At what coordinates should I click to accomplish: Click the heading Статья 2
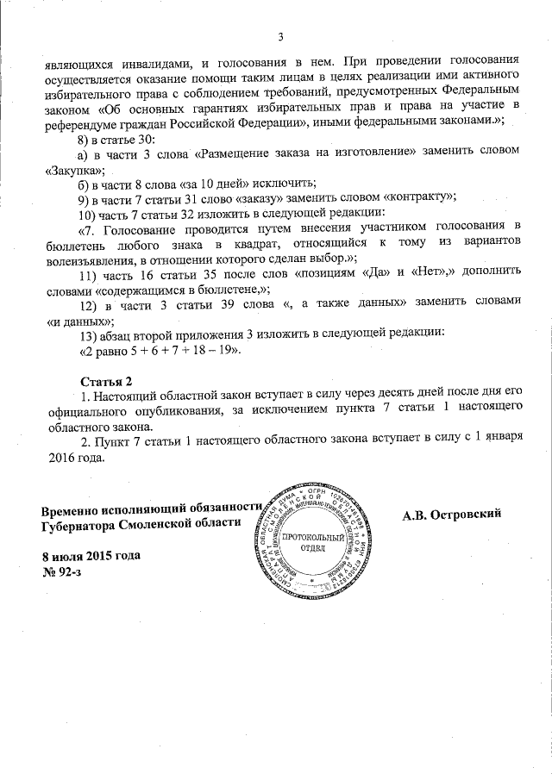107,380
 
